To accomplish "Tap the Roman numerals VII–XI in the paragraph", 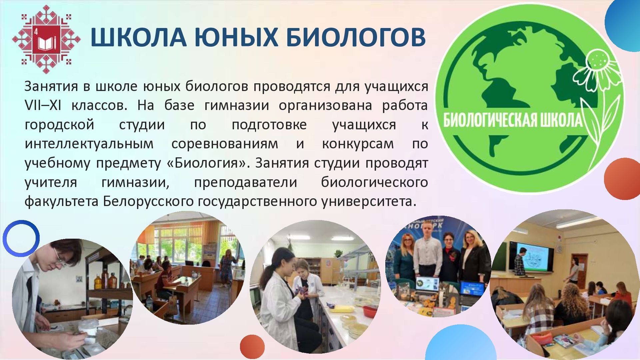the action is coord(43,105).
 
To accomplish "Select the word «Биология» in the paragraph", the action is coord(207,163).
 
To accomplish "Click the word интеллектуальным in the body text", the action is coord(89,144).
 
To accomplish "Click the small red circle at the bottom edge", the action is coord(252,347).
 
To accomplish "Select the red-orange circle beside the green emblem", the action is coord(622,179).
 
